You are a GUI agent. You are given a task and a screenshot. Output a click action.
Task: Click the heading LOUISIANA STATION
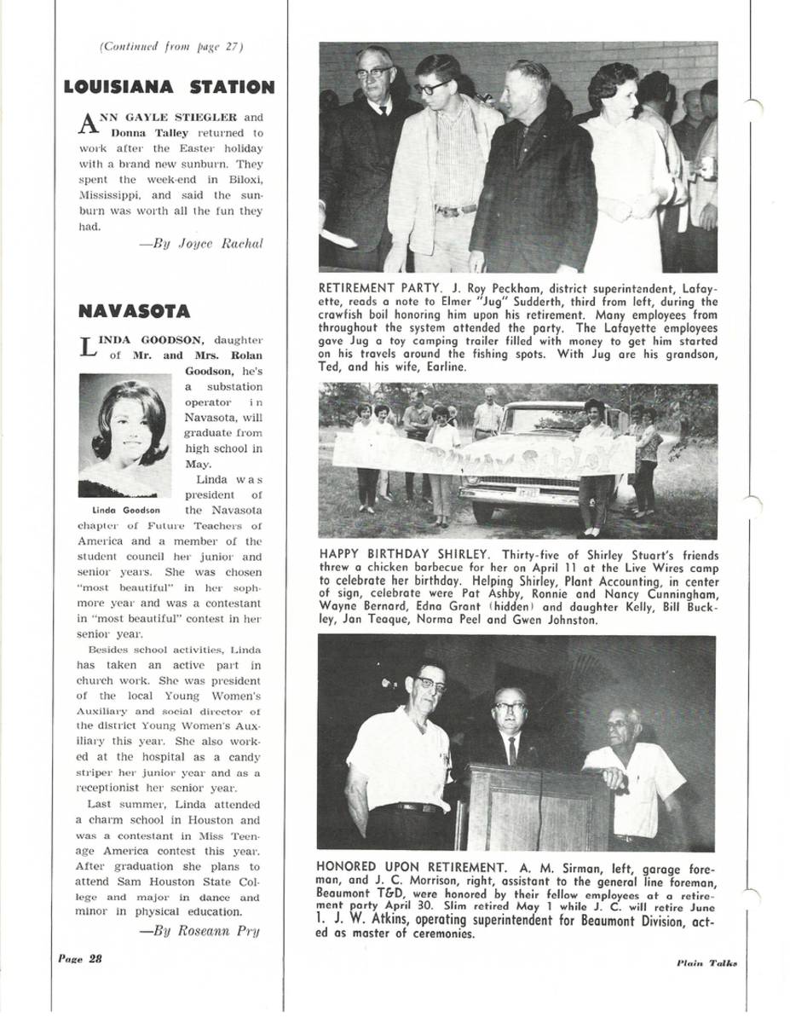(x=169, y=87)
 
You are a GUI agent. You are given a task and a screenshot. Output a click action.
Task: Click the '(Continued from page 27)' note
(x=171, y=47)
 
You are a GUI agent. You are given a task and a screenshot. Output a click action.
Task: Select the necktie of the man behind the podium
(x=511, y=749)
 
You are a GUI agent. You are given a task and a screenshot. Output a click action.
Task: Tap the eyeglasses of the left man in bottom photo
(x=431, y=684)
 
